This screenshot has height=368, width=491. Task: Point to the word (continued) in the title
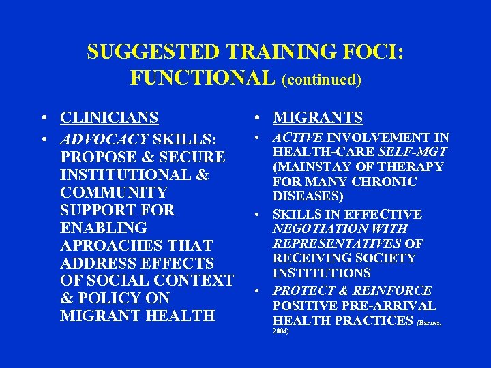point(321,80)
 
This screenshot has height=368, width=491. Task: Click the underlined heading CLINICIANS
point(109,118)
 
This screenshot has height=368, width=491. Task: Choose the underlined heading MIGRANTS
point(318,118)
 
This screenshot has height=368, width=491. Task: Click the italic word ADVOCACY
point(104,140)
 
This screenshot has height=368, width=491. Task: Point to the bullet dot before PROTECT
point(260,291)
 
